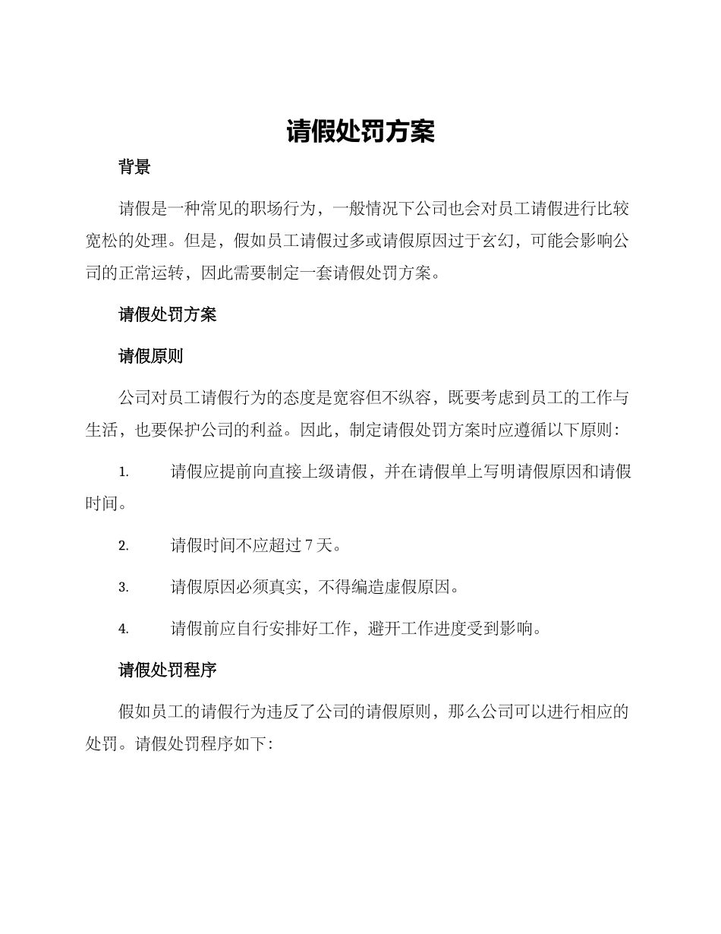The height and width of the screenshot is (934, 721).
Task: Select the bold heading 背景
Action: coord(134,168)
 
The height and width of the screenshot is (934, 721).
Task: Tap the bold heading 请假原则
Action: coord(151,356)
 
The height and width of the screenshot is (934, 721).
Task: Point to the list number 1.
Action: coord(123,472)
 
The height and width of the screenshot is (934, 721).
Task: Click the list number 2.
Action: coord(123,545)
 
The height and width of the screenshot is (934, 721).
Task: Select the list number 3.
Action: coord(123,587)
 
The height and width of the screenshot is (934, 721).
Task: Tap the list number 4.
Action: coord(123,629)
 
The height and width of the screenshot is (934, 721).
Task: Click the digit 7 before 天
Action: coord(308,545)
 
